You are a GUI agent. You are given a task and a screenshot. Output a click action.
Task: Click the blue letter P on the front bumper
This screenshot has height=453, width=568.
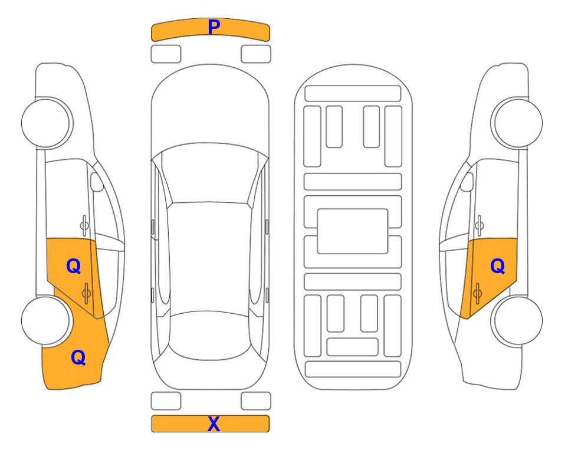tap(214, 27)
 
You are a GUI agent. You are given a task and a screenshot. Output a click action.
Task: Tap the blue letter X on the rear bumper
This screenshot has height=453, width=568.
tap(214, 424)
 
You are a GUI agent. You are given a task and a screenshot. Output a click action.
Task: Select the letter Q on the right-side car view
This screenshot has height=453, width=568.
tap(497, 267)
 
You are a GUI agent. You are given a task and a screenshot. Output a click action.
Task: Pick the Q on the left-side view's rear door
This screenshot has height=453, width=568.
tap(74, 267)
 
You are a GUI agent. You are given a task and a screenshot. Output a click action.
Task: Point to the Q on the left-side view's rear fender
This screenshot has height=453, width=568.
tap(78, 357)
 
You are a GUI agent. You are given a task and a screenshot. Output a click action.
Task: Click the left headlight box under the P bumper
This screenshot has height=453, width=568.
tap(166, 54)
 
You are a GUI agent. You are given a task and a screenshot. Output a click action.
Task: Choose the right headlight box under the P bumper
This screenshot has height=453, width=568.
tap(256, 54)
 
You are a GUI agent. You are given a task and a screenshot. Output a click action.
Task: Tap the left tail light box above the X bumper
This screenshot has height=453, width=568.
tap(166, 401)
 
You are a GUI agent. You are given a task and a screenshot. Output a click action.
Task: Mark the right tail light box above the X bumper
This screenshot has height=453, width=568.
tap(256, 401)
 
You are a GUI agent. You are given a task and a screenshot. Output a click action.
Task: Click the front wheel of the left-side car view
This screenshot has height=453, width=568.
tap(46, 123)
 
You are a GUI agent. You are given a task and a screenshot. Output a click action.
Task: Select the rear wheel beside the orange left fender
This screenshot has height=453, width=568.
tap(45, 321)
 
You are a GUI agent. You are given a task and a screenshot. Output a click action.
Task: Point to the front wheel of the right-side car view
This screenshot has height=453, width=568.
tap(518, 123)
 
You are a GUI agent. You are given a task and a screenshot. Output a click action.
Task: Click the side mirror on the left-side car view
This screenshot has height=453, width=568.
tap(97, 182)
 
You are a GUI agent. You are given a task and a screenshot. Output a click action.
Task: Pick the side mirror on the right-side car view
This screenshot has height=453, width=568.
tap(467, 182)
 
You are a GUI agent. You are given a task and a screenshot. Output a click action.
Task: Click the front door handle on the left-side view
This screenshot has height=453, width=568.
tap(84, 225)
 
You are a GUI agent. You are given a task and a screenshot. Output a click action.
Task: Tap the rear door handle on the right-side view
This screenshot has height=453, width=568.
tap(477, 293)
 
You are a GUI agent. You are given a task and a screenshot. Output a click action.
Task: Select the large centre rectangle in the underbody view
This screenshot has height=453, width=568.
tap(353, 231)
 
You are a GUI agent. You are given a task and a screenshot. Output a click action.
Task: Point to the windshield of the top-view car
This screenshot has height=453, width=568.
tap(209, 174)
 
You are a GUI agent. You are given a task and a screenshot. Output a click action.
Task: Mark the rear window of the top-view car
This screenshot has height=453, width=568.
tap(210, 335)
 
